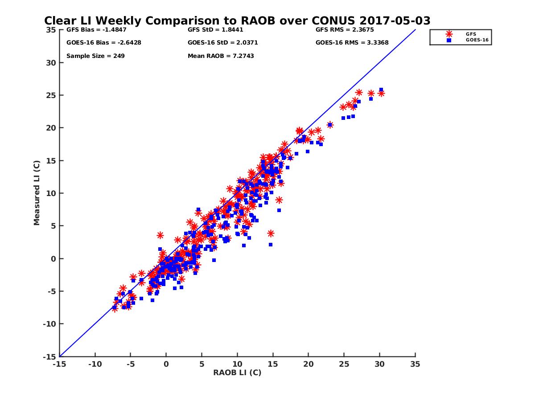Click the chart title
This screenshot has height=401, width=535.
pos(237,20)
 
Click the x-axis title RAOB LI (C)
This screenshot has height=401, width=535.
pos(237,372)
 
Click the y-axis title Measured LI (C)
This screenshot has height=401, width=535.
pos(37,193)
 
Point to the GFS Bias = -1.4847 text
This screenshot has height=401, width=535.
pos(91,30)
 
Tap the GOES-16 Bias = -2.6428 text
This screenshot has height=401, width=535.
pos(98,43)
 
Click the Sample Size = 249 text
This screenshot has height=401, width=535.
pos(95,56)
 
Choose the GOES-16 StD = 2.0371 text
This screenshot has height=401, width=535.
pos(223,43)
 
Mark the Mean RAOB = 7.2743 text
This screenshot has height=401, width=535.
pos(221,56)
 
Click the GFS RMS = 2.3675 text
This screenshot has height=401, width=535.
pos(345,30)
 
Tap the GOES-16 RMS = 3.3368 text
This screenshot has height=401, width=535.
pos(352,43)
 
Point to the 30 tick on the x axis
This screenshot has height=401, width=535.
pos(379,364)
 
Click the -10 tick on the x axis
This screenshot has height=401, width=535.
pos(95,364)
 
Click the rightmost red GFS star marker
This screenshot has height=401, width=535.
pos(381,93)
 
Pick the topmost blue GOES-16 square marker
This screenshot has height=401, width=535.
pos(381,90)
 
